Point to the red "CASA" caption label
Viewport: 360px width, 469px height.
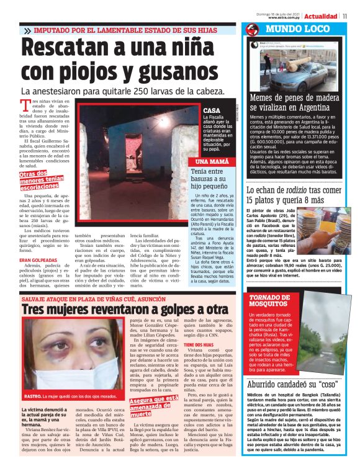pos(211,110)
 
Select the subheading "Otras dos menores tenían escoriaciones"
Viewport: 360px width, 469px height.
pos(41,180)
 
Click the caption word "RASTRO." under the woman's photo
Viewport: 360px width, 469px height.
pos(32,395)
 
